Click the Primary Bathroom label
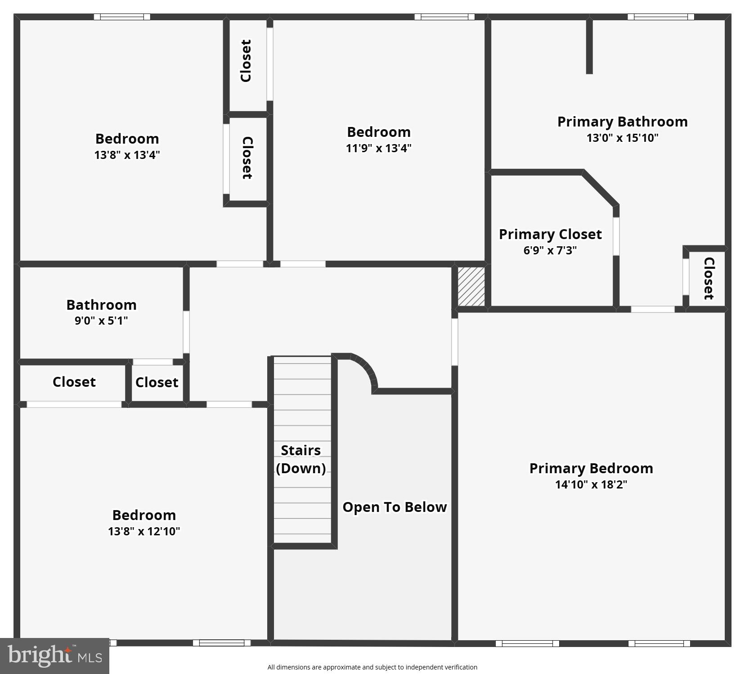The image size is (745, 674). tap(622, 122)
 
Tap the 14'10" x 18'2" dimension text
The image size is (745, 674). tap(591, 484)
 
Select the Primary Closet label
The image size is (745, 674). tap(550, 234)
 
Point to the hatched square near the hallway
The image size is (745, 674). tap(471, 286)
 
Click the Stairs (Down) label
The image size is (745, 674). tap(301, 459)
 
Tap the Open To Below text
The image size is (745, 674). tap(395, 507)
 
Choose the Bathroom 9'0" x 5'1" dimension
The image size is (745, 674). tap(101, 321)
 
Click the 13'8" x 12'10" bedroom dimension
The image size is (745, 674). tap(144, 531)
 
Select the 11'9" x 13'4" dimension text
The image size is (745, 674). tap(378, 148)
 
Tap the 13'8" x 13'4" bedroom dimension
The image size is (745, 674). tap(127, 155)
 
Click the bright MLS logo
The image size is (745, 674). tap(54, 656)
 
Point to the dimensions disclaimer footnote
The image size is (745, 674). tap(372, 667)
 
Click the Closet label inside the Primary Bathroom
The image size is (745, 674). tap(708, 278)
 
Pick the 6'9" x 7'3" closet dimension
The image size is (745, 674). tap(550, 250)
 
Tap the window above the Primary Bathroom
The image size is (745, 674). tap(660, 17)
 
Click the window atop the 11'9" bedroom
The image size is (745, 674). tap(444, 17)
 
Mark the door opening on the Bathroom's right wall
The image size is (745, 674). tap(186, 332)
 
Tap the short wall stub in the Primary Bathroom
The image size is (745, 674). tap(589, 46)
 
